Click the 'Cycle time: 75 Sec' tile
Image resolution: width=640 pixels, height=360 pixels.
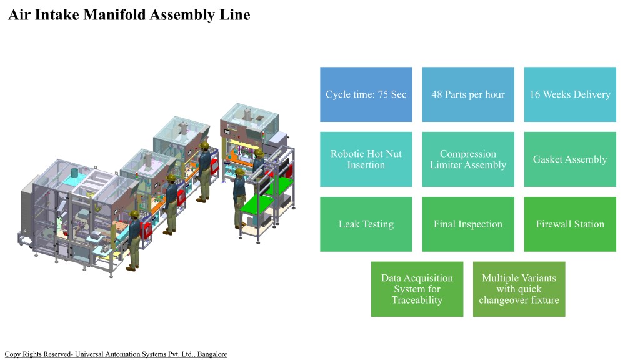point(366,94)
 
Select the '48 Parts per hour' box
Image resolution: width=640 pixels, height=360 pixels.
point(468,94)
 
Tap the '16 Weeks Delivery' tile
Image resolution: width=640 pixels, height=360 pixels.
point(570,94)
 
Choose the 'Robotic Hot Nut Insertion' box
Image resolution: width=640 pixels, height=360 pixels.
point(366,159)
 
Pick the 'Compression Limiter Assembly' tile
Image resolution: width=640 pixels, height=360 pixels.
point(468,159)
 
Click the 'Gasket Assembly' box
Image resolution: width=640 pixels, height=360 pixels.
point(570,159)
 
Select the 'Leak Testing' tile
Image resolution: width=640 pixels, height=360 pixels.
point(366,224)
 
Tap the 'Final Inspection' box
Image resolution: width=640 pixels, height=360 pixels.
point(468,224)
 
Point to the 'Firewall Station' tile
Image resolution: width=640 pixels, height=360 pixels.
point(570,224)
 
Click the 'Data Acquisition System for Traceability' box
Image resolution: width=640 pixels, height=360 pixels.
point(417,289)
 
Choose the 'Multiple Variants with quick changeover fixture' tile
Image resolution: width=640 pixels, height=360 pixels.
point(519,289)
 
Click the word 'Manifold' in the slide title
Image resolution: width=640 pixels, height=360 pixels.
point(114,14)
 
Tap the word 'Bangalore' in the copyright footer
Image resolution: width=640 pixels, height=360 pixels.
point(212,354)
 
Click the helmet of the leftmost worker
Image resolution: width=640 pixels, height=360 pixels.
point(134,214)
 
